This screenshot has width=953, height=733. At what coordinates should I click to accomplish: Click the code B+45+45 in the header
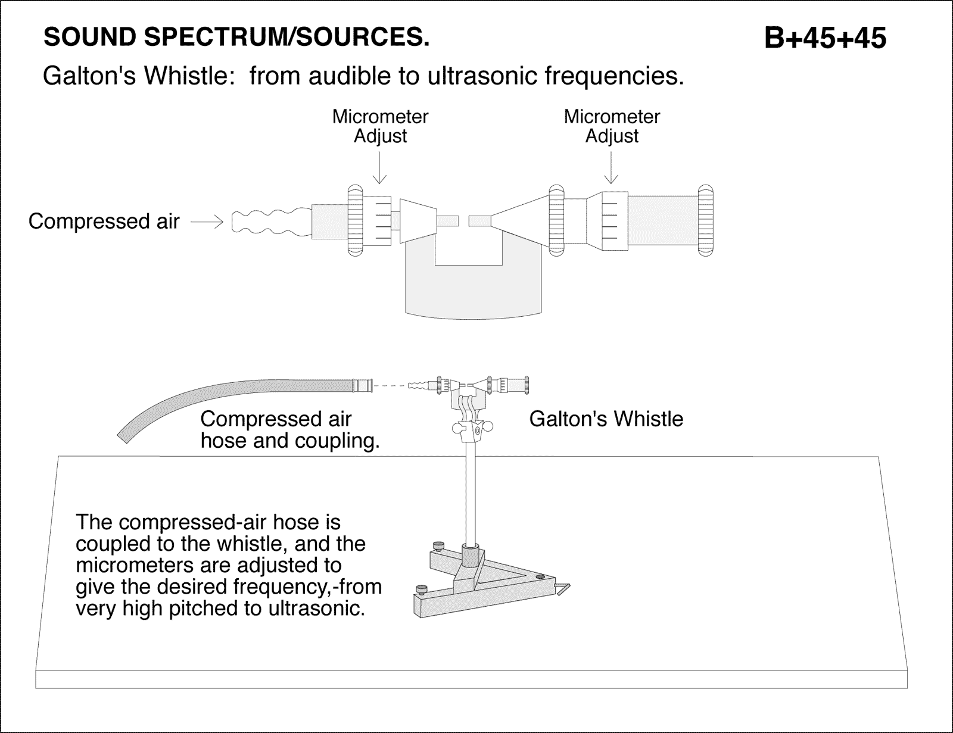(825, 39)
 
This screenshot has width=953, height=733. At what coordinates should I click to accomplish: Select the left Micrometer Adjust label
(380, 126)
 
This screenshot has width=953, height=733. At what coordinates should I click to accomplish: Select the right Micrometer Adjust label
(612, 126)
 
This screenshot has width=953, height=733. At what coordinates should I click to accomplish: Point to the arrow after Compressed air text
(207, 222)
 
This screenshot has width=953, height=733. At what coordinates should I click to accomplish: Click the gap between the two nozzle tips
(464, 222)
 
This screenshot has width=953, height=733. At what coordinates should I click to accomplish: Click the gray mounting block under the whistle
(474, 286)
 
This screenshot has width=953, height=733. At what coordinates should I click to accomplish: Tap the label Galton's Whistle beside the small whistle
(606, 419)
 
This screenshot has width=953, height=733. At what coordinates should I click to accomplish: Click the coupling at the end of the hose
(362, 385)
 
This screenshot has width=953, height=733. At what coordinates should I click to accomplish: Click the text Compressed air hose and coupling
(289, 430)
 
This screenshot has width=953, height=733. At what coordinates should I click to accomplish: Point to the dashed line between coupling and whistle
(390, 386)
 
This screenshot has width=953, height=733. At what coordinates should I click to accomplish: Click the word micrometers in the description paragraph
(134, 565)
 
